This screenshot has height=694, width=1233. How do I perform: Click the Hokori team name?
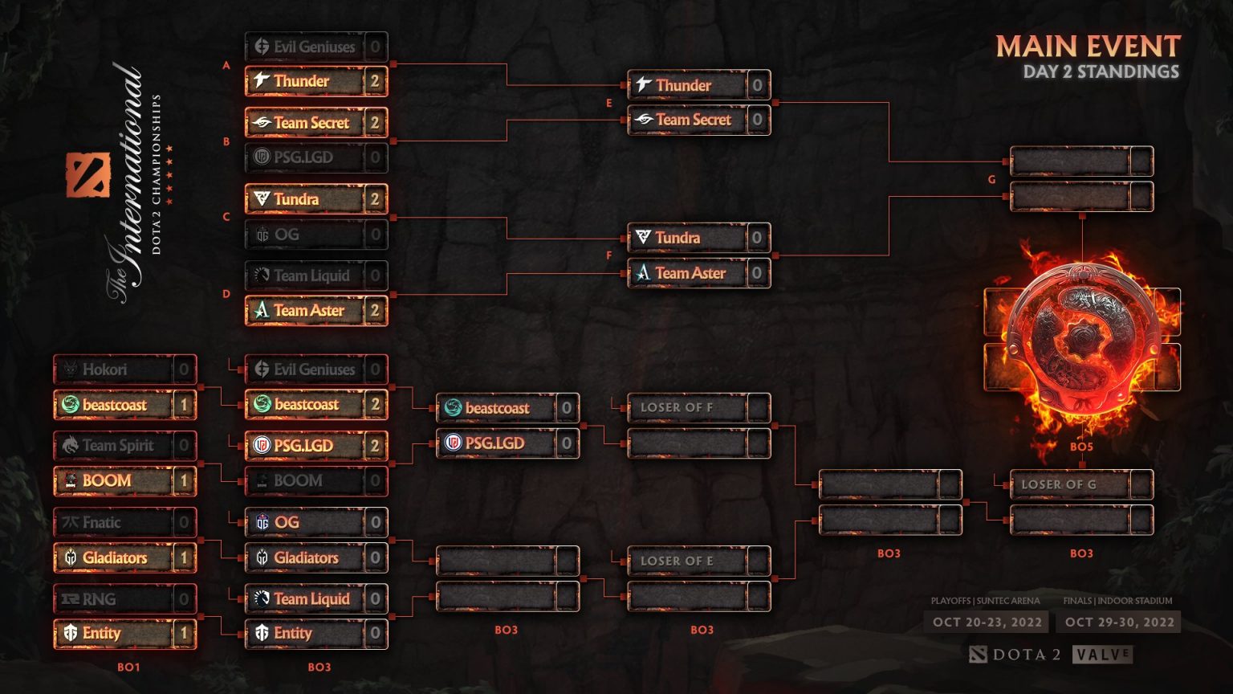104,369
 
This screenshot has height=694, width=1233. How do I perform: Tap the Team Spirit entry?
117,445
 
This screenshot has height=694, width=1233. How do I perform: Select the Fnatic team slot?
101,522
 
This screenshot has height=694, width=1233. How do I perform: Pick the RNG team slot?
99,598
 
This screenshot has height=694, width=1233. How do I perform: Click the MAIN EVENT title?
1088,47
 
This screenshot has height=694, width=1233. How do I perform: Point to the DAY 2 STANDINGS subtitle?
1101,72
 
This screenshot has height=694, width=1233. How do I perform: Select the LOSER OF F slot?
677,407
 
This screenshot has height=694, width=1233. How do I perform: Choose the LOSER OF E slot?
677,561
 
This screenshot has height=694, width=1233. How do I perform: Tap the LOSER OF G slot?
1058,484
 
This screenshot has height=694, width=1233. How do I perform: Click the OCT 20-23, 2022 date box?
987,622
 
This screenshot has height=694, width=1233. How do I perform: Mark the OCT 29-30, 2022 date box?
1119,622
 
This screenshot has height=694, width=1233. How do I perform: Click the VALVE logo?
1103,655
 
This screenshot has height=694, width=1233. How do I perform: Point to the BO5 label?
1081,447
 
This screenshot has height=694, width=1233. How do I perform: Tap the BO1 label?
128,667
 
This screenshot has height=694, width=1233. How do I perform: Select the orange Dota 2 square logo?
87,174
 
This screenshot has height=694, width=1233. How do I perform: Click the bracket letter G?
991,179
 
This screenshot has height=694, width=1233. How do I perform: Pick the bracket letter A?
226,65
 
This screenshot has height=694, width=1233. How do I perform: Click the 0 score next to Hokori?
184,369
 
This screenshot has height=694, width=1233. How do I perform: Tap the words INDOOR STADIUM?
1135,601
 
